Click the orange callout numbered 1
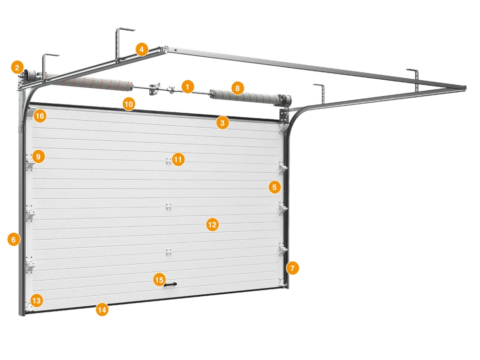pyautogui.click(x=188, y=87)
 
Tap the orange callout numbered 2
pyautogui.click(x=17, y=67)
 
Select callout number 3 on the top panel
pyautogui.click(x=223, y=123)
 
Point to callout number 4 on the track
pyautogui.click(x=142, y=49)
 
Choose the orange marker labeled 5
pyautogui.click(x=275, y=187)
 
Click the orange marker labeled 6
pyautogui.click(x=13, y=240)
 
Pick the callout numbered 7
pyautogui.click(x=292, y=268)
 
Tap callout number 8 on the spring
pyautogui.click(x=237, y=88)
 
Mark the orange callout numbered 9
pyautogui.click(x=38, y=157)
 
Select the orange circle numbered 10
pyautogui.click(x=129, y=104)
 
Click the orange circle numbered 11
pyautogui.click(x=178, y=159)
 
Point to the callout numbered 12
pyautogui.click(x=212, y=225)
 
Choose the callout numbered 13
pyautogui.click(x=36, y=300)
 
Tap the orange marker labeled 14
pyautogui.click(x=102, y=310)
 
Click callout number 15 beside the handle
pyautogui.click(x=159, y=280)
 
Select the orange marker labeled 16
pyautogui.click(x=40, y=116)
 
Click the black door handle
pyautogui.click(x=170, y=285)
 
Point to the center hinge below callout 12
pyautogui.click(x=168, y=252)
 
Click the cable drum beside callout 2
pyautogui.click(x=30, y=75)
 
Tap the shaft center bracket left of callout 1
pyautogui.click(x=155, y=89)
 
